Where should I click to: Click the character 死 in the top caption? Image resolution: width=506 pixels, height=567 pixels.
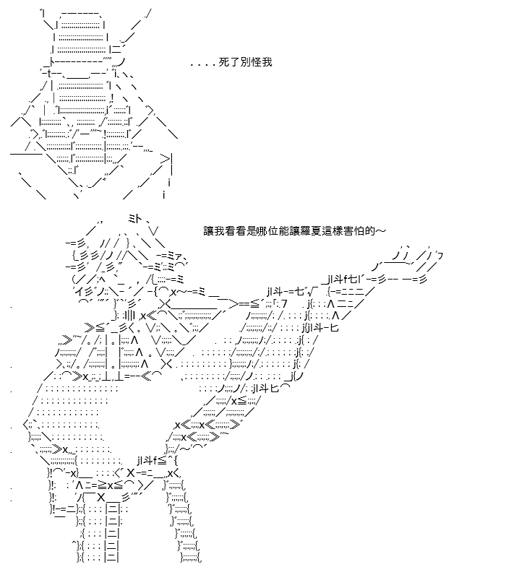[x=224, y=62]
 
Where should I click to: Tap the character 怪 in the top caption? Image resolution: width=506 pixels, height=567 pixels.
[x=256, y=62]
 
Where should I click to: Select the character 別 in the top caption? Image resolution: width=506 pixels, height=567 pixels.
[x=245, y=62]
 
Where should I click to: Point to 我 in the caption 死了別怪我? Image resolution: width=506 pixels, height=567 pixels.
[x=267, y=62]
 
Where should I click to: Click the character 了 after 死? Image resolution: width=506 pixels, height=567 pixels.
[x=234, y=62]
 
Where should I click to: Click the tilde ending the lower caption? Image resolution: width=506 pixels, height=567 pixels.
[x=380, y=230]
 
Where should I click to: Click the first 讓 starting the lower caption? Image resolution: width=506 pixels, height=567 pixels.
[x=208, y=230]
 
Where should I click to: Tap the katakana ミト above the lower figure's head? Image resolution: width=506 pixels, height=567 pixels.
[x=136, y=218]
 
